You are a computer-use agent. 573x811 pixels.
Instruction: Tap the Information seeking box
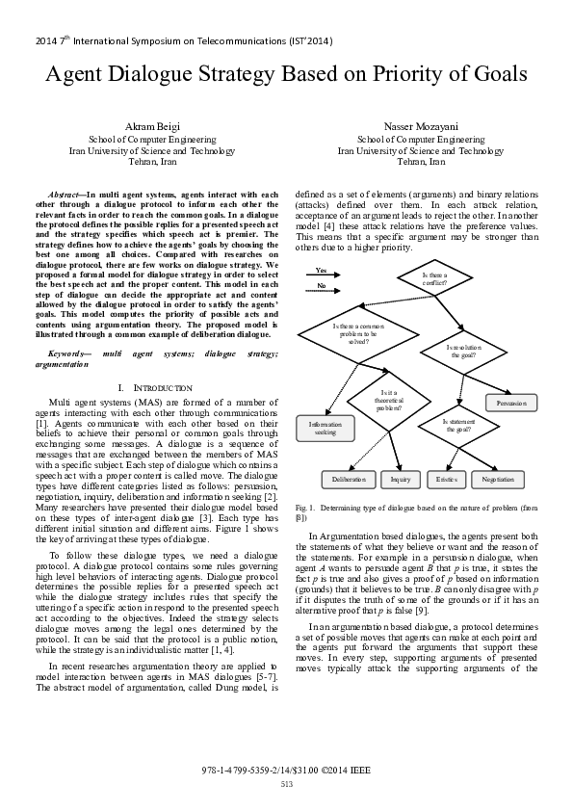325,429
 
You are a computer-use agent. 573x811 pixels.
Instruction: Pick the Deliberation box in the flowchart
349,479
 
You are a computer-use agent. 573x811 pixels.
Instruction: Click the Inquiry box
401,479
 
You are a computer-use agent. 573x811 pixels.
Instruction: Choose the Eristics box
446,479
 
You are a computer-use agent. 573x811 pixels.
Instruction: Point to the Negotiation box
497,479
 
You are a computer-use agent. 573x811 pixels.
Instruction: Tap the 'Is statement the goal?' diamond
457,425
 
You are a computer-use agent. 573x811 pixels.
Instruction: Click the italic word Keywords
66,353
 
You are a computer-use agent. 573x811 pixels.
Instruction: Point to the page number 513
286,784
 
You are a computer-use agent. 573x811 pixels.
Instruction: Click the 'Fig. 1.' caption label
305,507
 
